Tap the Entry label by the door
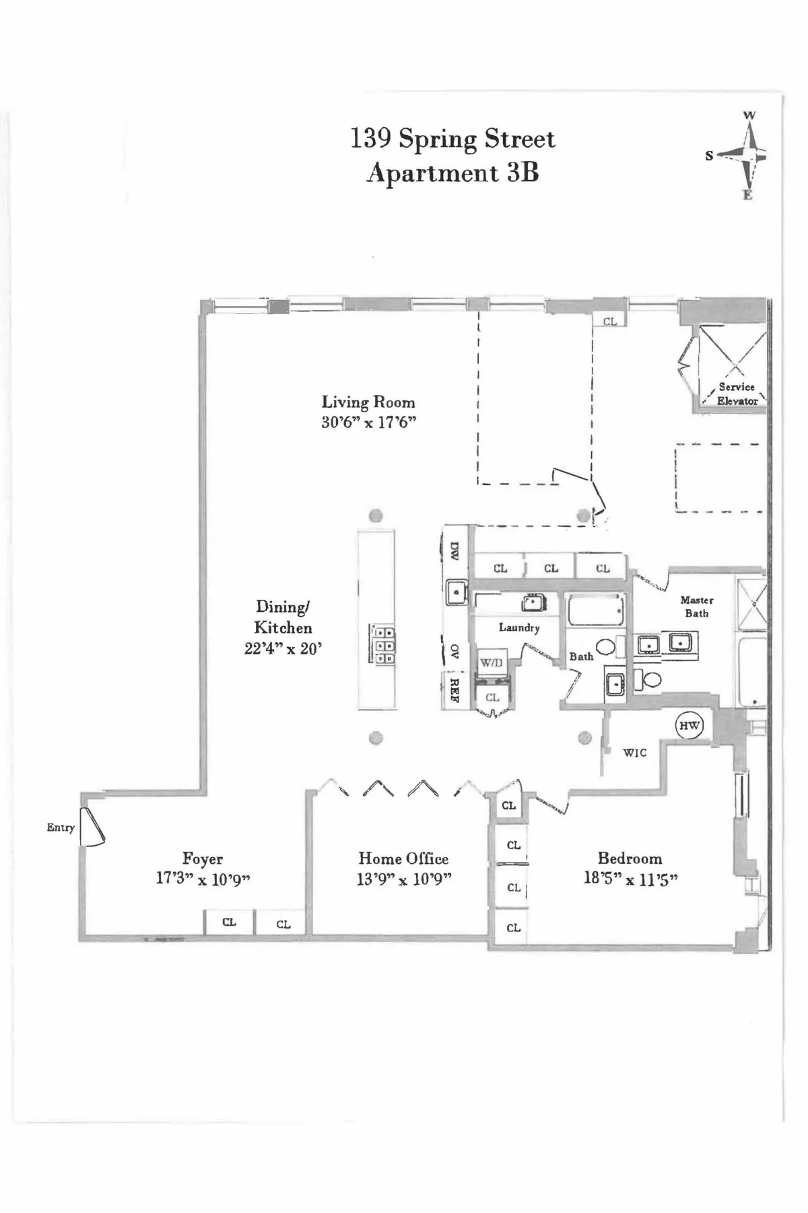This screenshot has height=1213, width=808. click(x=61, y=828)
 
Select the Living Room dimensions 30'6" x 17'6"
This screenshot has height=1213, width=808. click(x=368, y=423)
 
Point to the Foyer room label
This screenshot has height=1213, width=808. click(x=202, y=859)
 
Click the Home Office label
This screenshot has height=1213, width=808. click(x=403, y=859)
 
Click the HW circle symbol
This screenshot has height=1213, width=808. click(x=689, y=726)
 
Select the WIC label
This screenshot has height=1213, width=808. click(x=634, y=753)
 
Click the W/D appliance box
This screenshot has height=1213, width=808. click(x=491, y=663)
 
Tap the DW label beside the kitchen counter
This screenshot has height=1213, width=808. click(x=454, y=552)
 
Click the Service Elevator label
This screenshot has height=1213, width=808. click(x=737, y=394)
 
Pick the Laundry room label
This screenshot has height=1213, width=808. click(x=519, y=627)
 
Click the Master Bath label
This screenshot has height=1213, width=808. click(x=697, y=606)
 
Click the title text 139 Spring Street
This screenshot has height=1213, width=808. click(x=452, y=139)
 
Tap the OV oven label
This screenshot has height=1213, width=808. click(x=454, y=651)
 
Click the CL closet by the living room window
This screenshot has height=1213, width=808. click(x=609, y=321)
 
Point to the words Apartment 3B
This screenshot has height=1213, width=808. click(x=452, y=173)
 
